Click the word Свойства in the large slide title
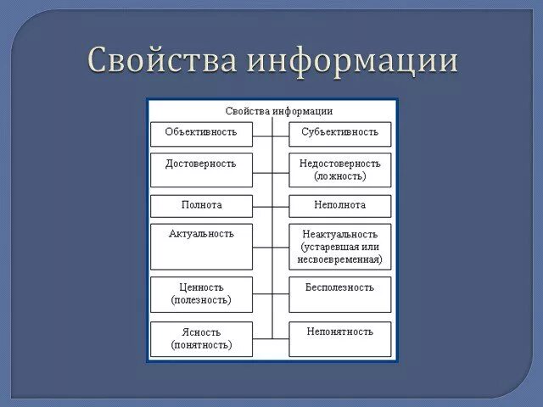161,60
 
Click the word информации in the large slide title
353,60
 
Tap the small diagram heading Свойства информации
278,111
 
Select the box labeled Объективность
201,133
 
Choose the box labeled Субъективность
339,133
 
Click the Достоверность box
201,168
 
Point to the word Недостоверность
339,163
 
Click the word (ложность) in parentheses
339,176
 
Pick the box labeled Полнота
201,205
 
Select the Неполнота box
339,205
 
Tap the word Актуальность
201,233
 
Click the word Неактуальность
339,233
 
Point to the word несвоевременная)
340,259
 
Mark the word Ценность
201,287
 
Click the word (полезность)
201,300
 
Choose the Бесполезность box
339,293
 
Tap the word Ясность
201,332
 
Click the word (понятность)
201,345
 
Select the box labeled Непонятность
339,337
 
